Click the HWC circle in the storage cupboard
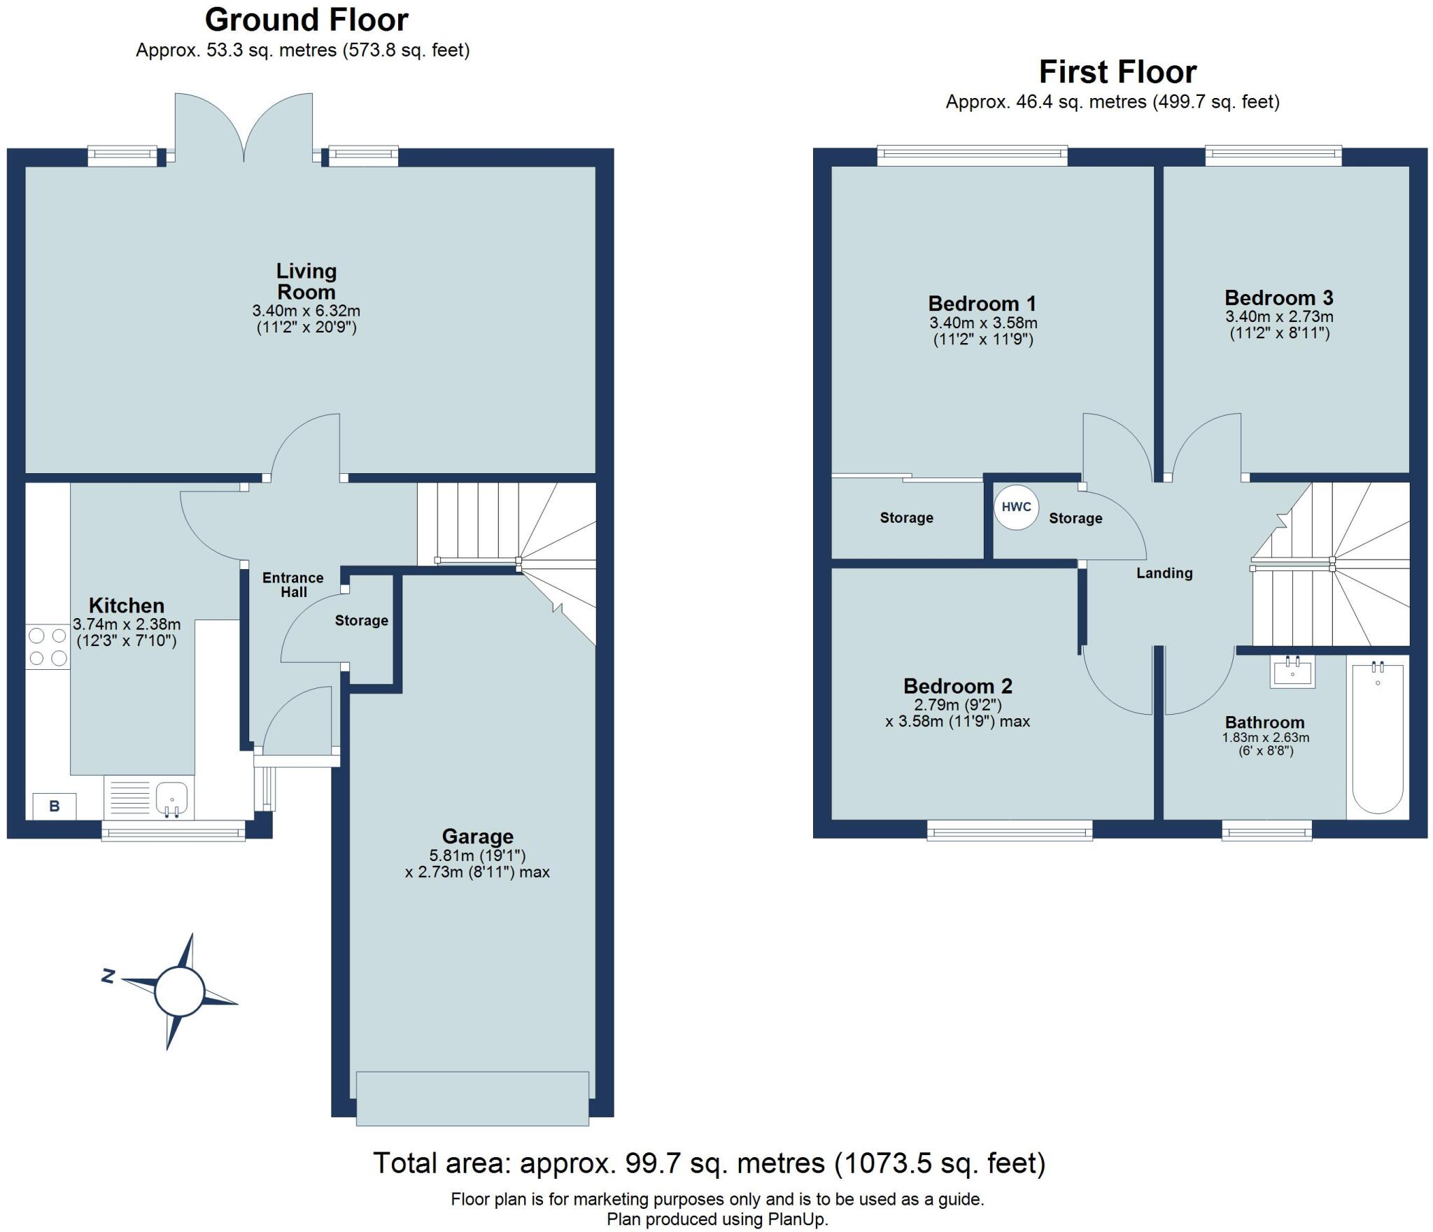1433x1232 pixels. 1016,507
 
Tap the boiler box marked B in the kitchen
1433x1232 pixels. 55,806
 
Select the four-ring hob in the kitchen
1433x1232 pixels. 48,647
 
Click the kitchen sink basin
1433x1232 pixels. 171,799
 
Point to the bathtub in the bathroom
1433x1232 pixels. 1377,738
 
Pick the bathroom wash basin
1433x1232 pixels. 1292,673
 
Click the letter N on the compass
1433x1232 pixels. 108,976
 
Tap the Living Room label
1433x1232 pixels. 306,281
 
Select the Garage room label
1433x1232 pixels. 477,836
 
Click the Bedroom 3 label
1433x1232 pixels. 1278,297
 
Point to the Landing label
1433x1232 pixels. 1164,573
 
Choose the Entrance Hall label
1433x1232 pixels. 292,584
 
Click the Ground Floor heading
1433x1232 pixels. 306,20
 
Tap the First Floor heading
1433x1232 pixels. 1117,71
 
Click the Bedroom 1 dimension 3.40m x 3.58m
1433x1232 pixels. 982,323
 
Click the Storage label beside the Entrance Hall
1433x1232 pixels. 361,620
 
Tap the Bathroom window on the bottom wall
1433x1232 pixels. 1266,832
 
